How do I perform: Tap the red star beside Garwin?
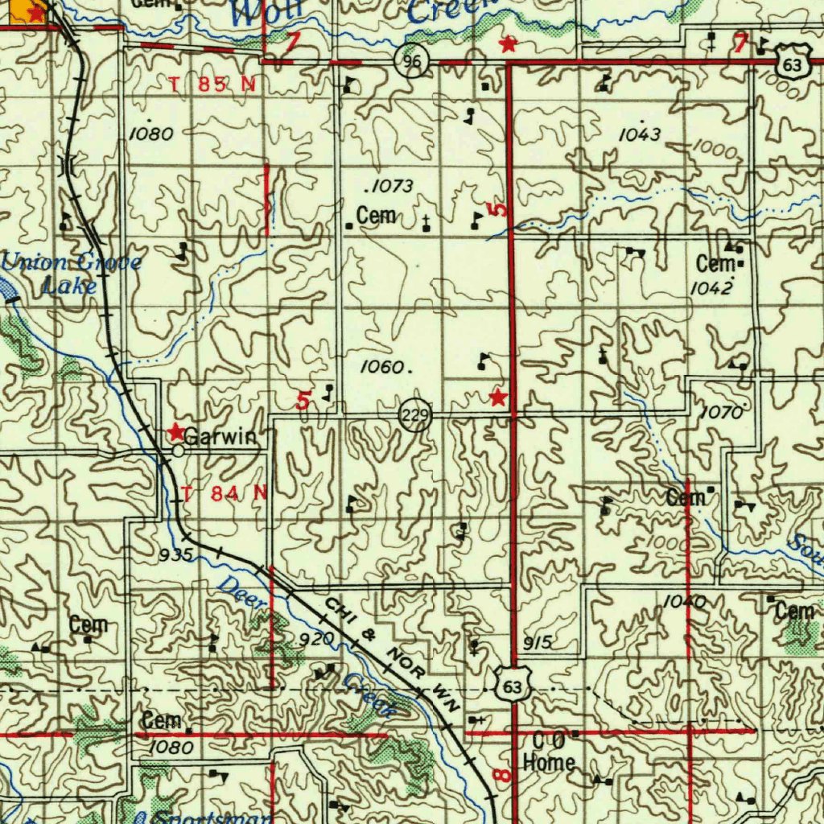[x=175, y=432]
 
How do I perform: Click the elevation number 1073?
[x=389, y=187]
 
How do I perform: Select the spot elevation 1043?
[x=640, y=134]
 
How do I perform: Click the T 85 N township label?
[x=212, y=84]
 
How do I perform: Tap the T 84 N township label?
[x=225, y=493]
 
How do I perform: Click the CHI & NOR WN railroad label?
[x=391, y=653]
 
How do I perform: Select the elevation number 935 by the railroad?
[x=175, y=554]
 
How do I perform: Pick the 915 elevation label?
[x=538, y=642]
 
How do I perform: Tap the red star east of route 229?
[x=499, y=397]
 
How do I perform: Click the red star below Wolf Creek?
[x=507, y=43]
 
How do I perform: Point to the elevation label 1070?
[x=721, y=413]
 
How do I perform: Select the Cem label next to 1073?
[x=376, y=216]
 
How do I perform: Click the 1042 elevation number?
[x=711, y=287]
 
